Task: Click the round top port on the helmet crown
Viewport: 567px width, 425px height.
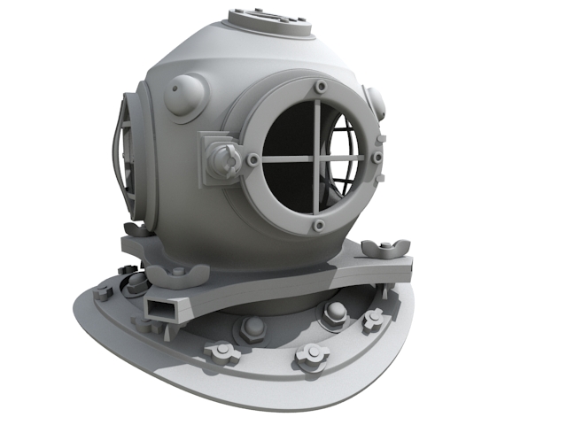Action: pos(269,20)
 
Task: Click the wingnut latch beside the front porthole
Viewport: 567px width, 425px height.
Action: pos(223,160)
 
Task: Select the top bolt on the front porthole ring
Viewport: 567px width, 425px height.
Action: pos(320,88)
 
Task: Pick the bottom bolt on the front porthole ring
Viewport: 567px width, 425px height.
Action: pos(317,228)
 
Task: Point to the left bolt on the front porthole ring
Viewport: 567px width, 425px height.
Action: pos(253,160)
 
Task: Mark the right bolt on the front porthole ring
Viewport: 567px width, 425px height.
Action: pos(377,158)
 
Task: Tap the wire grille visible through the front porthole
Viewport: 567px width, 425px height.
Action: pos(346,159)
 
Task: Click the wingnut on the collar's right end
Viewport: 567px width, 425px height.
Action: pos(387,246)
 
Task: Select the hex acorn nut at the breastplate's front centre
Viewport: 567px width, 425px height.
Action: pos(251,328)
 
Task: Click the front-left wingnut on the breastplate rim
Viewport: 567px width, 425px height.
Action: pos(221,353)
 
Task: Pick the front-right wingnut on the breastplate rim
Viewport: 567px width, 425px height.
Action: pos(312,356)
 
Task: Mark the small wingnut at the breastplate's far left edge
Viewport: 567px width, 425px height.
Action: pos(104,292)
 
